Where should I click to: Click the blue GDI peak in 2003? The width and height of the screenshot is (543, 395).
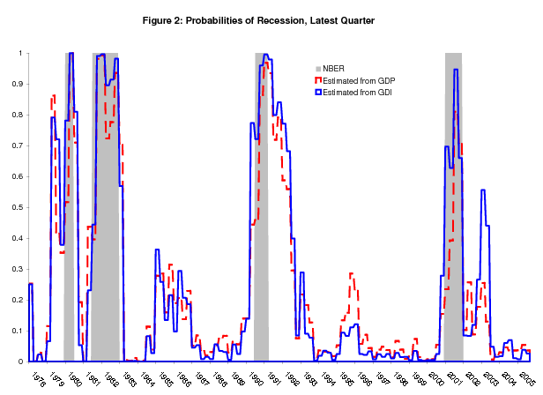coord(482,190)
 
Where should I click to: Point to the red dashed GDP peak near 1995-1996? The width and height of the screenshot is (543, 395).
coord(351,274)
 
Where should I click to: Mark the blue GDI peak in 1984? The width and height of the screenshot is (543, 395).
coord(156,251)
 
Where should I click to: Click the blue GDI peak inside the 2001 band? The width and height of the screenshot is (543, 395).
coord(455,71)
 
